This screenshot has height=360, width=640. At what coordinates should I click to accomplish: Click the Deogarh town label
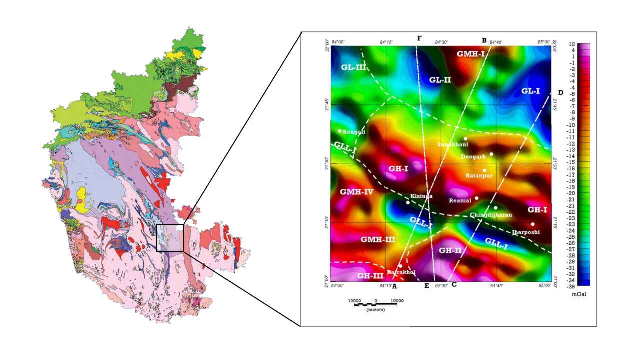pyautogui.click(x=472, y=156)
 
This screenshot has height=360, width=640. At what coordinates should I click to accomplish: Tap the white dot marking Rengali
pyautogui.click(x=340, y=131)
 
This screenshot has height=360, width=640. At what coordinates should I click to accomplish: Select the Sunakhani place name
pyautogui.click(x=453, y=145)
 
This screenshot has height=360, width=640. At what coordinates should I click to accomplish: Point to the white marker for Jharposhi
pyautogui.click(x=533, y=224)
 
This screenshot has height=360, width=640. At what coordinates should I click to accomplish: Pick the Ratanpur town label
pyautogui.click(x=479, y=176)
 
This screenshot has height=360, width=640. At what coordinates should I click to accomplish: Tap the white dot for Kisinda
pyautogui.click(x=408, y=202)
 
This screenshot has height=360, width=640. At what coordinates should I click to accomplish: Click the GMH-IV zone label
pyautogui.click(x=356, y=192)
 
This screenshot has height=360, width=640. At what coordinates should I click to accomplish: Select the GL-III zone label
pyautogui.click(x=353, y=67)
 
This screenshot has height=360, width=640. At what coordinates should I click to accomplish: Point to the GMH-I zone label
pyautogui.click(x=471, y=53)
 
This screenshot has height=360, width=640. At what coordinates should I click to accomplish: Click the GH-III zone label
pyautogui.click(x=371, y=275)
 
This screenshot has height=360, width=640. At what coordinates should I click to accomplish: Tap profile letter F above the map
pyautogui.click(x=419, y=39)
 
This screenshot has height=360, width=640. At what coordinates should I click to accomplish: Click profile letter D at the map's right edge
pyautogui.click(x=560, y=93)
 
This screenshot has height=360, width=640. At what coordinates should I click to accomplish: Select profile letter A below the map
pyautogui.click(x=394, y=286)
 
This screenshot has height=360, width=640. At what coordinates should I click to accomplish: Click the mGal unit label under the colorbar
pyautogui.click(x=579, y=294)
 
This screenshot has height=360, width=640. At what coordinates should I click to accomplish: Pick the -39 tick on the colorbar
pyautogui.click(x=571, y=287)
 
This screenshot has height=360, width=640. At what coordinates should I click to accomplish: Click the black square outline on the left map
pyautogui.click(x=170, y=238)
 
